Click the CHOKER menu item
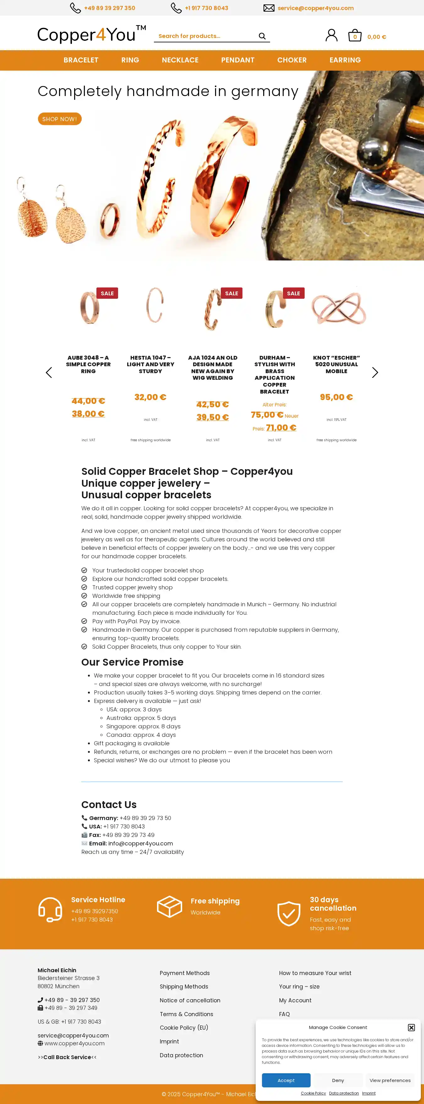point(291,60)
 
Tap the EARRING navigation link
point(345,60)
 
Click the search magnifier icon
point(262,36)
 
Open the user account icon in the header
point(331,35)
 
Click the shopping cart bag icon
point(355,35)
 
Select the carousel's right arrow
point(375,372)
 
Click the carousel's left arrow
point(49,372)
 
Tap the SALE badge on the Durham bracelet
point(293,293)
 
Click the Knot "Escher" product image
point(338,308)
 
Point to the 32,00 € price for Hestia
point(150,397)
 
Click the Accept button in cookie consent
point(286,1080)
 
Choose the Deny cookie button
point(338,1080)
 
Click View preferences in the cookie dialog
point(390,1080)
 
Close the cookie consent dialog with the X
point(411,1027)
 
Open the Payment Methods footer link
point(184,973)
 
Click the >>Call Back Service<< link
point(67,1057)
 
